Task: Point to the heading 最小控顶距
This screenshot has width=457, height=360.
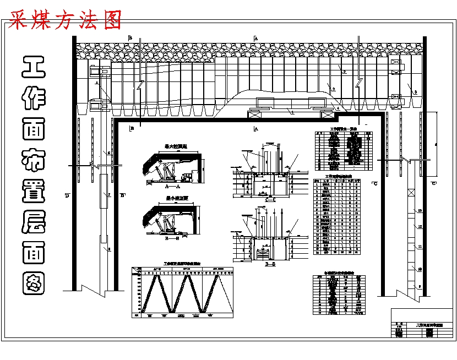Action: (176, 198)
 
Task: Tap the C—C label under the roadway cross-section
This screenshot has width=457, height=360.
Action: (270, 200)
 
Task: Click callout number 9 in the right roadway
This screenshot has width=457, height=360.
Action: (420, 287)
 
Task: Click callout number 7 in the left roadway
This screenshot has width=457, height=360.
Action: (109, 195)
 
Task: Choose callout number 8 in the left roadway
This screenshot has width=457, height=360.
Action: (109, 249)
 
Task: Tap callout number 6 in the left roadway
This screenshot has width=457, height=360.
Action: (109, 152)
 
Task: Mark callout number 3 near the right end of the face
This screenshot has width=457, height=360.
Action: (415, 91)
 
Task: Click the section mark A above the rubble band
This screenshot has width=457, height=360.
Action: (256, 37)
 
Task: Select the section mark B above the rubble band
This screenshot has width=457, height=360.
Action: (130, 37)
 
